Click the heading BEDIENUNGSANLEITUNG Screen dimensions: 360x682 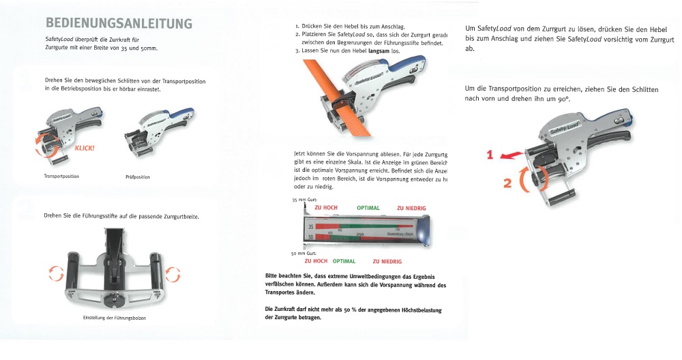[119, 23]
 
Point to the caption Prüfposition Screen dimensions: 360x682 [138, 177]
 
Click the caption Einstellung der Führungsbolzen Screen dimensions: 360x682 [114, 318]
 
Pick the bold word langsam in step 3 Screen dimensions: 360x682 [377, 51]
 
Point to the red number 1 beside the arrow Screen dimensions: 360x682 [489, 155]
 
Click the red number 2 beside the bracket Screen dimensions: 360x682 [507, 183]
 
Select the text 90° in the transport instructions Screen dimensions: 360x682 [561, 100]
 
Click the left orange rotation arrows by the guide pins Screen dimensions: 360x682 [53, 273]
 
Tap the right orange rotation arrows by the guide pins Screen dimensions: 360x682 [174, 273]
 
